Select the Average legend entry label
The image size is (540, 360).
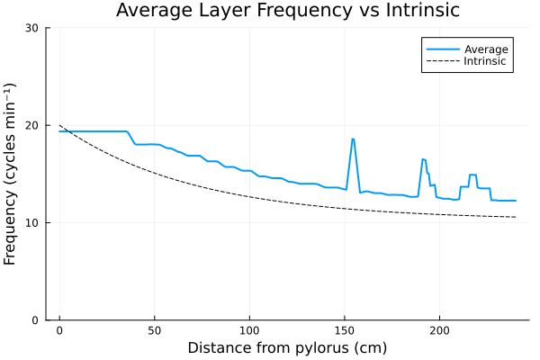[487, 49]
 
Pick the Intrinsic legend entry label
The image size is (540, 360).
[487, 62]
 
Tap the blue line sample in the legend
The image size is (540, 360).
[442, 49]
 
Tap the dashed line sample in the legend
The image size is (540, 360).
[442, 62]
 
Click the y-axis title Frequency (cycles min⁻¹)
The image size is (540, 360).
[11, 174]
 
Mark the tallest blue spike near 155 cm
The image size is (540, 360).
[353, 139]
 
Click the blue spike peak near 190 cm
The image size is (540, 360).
[423, 159]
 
